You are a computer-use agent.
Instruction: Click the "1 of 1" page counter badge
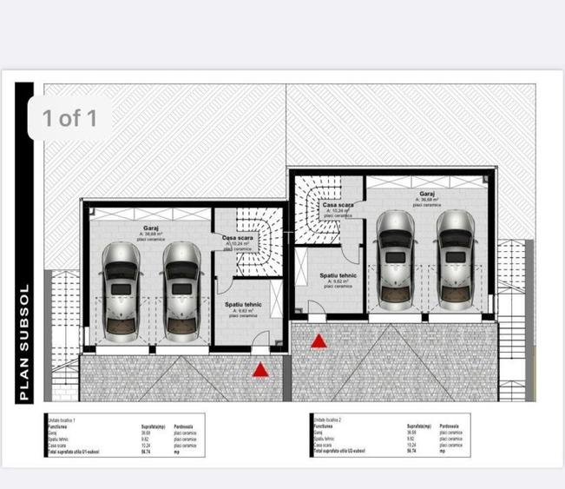point(69,118)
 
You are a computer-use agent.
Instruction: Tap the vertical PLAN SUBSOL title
point(24,342)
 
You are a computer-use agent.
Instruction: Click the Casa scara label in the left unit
point(237,238)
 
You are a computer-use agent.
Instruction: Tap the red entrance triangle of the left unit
point(260,370)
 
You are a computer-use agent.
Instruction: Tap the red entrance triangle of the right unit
point(319,341)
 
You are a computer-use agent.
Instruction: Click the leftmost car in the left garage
point(120,288)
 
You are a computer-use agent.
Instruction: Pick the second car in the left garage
point(181,288)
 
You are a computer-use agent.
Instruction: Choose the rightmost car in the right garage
point(457,259)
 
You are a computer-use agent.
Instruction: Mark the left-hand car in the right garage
point(396,259)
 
